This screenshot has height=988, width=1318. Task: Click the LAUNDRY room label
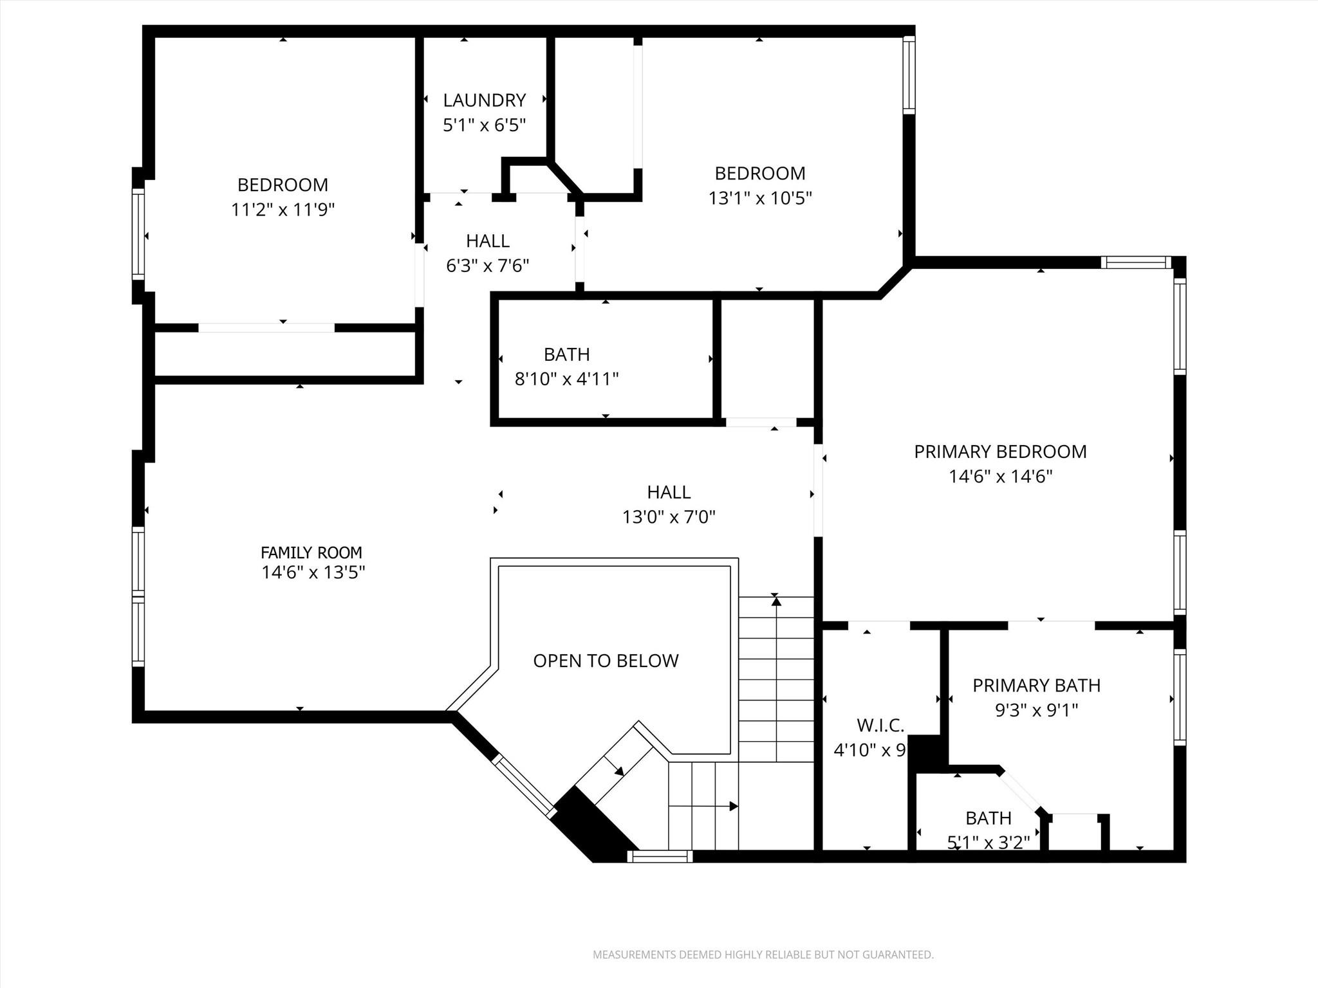[x=484, y=100]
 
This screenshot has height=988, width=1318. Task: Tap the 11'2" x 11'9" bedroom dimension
[x=283, y=210]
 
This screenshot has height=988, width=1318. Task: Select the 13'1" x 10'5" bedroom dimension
[x=760, y=198]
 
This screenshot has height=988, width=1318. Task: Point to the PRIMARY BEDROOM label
[x=1000, y=452]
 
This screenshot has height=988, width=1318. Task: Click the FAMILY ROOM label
[x=311, y=553]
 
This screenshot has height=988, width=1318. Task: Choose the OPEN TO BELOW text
[x=606, y=661]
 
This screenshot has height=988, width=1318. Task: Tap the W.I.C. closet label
[x=880, y=726]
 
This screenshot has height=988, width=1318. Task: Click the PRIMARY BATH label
[x=1036, y=686]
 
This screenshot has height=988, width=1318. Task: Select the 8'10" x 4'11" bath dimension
[x=566, y=379]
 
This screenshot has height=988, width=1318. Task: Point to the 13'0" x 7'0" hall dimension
[x=669, y=517]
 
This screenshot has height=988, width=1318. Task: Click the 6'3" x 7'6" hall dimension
[x=488, y=266]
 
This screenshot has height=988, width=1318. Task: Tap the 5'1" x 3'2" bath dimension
[x=988, y=842]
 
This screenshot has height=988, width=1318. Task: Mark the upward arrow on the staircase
[x=776, y=601]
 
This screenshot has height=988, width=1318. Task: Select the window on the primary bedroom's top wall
[x=1135, y=262]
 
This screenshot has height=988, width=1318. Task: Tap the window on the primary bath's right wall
[x=1179, y=698]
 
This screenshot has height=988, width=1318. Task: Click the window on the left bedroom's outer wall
[x=138, y=234]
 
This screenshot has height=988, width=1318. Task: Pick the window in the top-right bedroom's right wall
[x=909, y=75]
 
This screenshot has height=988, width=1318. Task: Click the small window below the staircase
[x=660, y=856]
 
